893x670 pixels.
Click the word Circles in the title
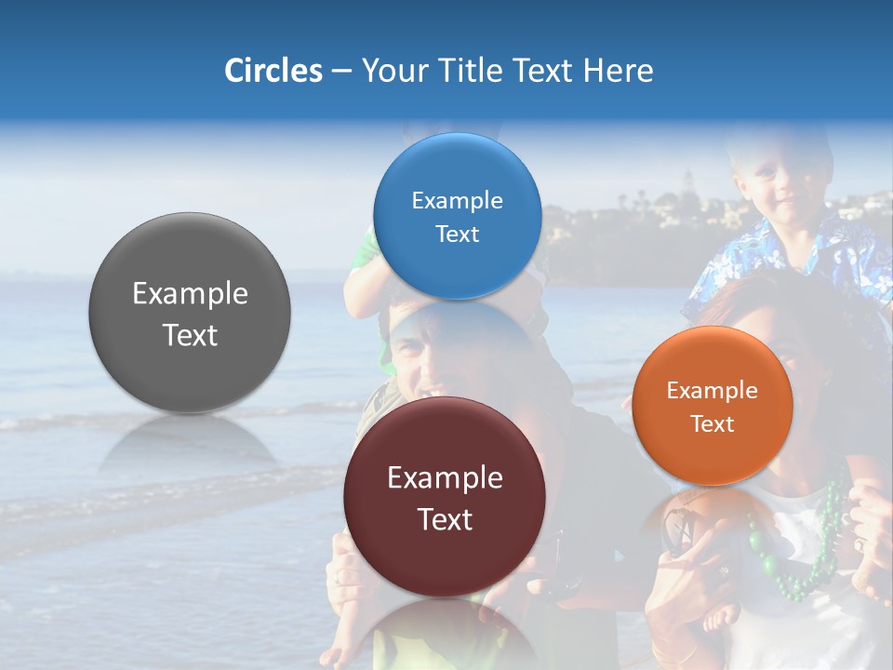click(x=273, y=71)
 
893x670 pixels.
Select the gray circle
click(x=190, y=313)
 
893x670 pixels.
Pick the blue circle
click(x=457, y=216)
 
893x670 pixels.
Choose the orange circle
click(x=713, y=406)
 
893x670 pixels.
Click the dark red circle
click(x=445, y=497)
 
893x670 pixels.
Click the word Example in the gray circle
click(x=190, y=294)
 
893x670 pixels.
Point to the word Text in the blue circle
click(x=457, y=234)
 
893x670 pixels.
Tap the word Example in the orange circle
click(x=713, y=391)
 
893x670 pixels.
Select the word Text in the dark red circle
click(x=445, y=519)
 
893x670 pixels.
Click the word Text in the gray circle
click(x=190, y=335)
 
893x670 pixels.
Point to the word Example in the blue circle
click(x=457, y=201)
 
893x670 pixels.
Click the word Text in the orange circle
click(x=713, y=424)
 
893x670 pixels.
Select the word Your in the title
click(x=390, y=71)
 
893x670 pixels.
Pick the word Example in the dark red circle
click(x=445, y=478)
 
